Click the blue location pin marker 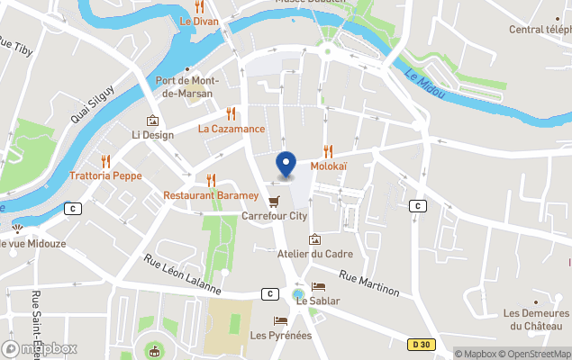pos(286,165)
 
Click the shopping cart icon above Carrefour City pos(274,201)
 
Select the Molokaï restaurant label pos(329,167)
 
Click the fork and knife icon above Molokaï pos(329,152)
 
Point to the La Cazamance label pos(232,129)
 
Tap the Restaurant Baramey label pos(211,195)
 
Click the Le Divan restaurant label pos(198,20)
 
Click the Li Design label pos(152,135)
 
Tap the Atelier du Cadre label pos(314,254)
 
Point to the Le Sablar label pos(317,301)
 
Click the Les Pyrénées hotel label pos(280,336)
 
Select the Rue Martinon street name pos(369,285)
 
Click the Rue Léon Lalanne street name pos(182,274)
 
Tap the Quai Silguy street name pos(93,104)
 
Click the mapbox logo pos(40,348)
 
